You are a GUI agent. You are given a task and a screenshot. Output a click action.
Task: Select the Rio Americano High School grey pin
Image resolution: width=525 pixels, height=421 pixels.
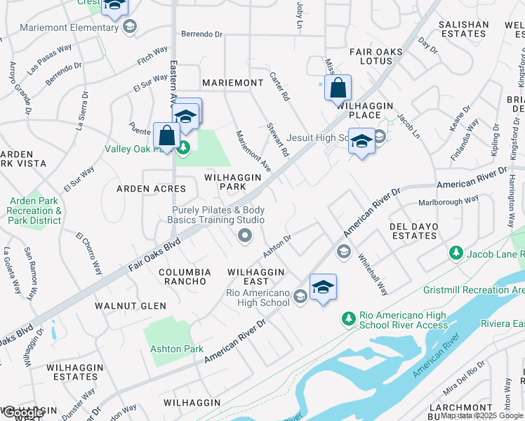(300, 295)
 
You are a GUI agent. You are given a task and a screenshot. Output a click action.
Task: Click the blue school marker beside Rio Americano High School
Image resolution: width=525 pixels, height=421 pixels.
(323, 287)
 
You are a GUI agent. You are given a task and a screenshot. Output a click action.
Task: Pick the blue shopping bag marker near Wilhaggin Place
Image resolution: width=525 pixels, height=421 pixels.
(338, 88)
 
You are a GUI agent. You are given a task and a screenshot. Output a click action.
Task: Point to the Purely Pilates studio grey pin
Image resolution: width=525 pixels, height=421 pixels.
(245, 236)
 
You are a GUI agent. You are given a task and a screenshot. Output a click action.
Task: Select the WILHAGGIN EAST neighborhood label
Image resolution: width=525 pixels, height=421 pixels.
(256, 276)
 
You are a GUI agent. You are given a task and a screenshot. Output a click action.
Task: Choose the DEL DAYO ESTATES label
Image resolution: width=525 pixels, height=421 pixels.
(414, 232)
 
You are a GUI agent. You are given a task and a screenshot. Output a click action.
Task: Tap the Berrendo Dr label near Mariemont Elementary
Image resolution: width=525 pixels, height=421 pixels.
(201, 33)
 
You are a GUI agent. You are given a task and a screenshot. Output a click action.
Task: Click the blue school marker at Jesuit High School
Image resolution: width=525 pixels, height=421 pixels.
(361, 141)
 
